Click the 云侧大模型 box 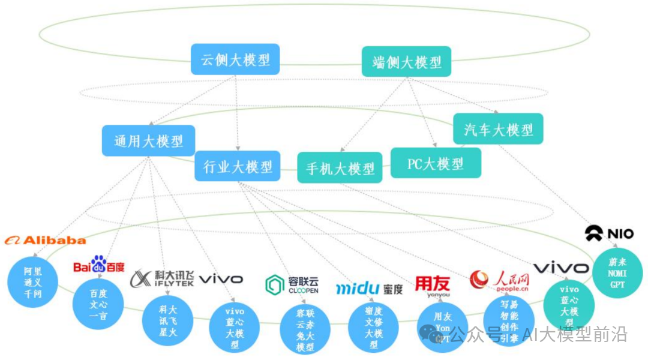pyautogui.click(x=235, y=59)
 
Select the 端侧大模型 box pyautogui.click(x=406, y=62)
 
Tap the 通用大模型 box pyautogui.click(x=148, y=141)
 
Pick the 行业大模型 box pyautogui.click(x=238, y=166)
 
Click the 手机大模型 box pyautogui.click(x=340, y=168)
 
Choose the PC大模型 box pyautogui.click(x=436, y=163)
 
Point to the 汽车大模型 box pyautogui.click(x=498, y=129)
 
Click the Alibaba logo pyautogui.click(x=46, y=240)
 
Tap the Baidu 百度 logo pyautogui.click(x=99, y=265)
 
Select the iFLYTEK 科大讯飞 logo pyautogui.click(x=162, y=279)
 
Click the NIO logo pyautogui.click(x=610, y=233)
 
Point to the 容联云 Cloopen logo pyautogui.click(x=292, y=284)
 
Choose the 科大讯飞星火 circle pyautogui.click(x=167, y=322)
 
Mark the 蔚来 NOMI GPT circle pyautogui.click(x=617, y=273)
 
